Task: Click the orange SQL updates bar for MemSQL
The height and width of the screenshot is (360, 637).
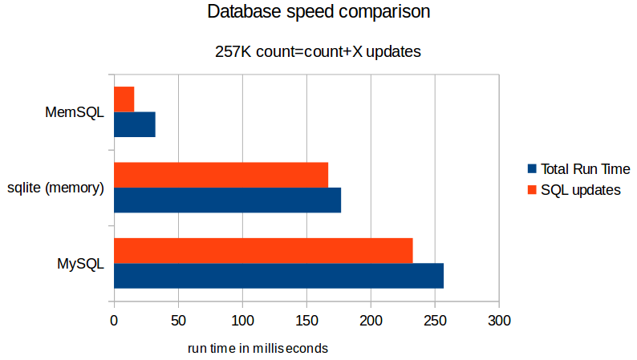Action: tap(124, 99)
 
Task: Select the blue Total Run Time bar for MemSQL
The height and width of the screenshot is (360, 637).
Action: tap(135, 124)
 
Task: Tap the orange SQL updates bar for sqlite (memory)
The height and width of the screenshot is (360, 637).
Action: tap(221, 174)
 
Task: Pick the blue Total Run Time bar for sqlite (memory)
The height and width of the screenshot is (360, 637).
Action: tap(227, 200)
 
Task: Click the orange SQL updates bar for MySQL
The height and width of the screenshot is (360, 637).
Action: tap(263, 250)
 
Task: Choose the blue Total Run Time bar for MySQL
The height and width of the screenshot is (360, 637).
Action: tap(278, 276)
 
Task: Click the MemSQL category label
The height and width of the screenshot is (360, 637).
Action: tap(75, 112)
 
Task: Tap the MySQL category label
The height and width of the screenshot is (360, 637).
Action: tap(80, 263)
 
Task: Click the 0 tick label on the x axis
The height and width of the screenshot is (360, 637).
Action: tap(114, 321)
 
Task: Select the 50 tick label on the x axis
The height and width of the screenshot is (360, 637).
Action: tap(178, 321)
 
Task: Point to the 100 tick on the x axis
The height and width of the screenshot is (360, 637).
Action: tap(242, 321)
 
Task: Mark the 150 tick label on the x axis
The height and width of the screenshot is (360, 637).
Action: tap(306, 321)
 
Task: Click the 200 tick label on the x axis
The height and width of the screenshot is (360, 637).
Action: tap(371, 321)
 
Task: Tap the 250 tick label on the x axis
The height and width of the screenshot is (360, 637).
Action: tap(435, 321)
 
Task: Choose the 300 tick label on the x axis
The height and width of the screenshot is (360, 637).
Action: tap(499, 321)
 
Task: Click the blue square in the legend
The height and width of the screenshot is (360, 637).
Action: tap(531, 169)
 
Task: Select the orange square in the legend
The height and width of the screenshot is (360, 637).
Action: tap(531, 190)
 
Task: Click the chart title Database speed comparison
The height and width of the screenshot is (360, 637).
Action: tap(318, 12)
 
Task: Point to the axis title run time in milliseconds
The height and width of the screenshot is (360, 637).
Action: tap(258, 349)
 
